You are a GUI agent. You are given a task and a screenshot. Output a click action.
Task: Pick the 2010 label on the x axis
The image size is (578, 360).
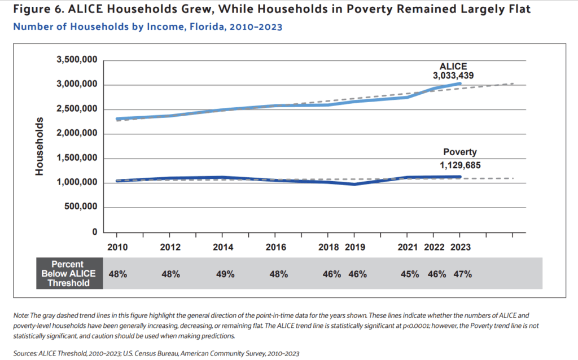pyautogui.click(x=117, y=247)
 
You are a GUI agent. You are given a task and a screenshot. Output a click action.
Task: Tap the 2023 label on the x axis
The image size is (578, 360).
pyautogui.click(x=459, y=247)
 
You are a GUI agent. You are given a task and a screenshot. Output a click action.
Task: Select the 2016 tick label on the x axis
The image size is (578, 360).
pyautogui.click(x=275, y=247)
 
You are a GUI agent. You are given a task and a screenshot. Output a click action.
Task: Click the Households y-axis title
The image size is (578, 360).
pyautogui.click(x=40, y=146)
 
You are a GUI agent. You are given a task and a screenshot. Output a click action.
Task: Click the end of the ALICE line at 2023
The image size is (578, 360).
pyautogui.click(x=459, y=84)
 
